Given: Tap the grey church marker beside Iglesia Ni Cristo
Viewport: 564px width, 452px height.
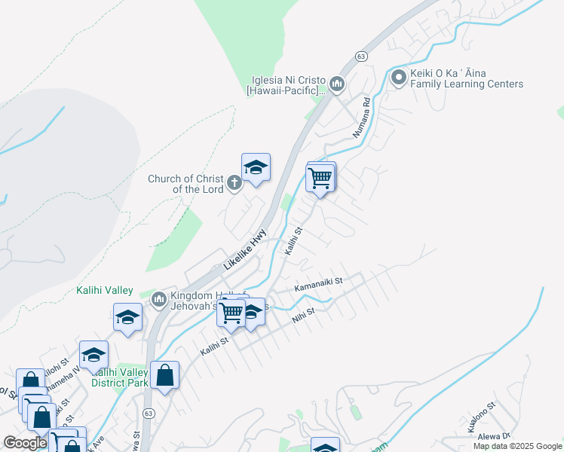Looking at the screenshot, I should coord(336,84).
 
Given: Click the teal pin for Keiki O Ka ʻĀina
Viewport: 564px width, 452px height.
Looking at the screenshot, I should coord(398,76).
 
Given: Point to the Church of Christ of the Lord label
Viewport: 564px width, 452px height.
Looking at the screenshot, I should coord(185,184).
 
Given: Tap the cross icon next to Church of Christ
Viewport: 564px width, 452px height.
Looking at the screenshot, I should coord(234,182).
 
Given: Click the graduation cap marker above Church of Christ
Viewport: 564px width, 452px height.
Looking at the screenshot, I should coord(256,168).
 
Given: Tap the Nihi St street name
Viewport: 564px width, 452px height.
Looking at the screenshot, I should coord(304,313).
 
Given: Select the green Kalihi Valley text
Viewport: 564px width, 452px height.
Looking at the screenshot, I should coord(105,290).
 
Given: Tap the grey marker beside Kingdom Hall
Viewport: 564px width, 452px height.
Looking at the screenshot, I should coord(158,301).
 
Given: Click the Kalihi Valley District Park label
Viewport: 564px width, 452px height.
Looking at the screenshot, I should coord(118,377).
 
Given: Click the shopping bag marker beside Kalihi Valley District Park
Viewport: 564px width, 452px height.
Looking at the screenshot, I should coord(164,375).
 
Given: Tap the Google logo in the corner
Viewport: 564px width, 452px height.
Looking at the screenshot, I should coord(26,443).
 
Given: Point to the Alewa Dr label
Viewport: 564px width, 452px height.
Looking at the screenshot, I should coord(495,435).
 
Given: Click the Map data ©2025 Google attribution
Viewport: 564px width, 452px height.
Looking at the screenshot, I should coord(517,446).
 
